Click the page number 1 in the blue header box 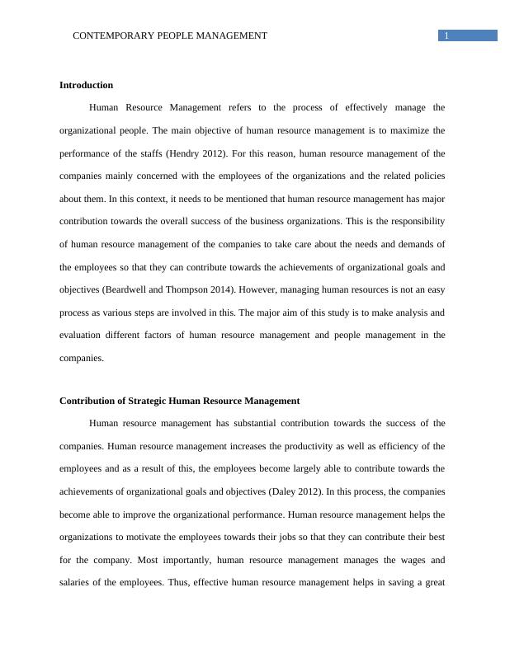tap(446, 35)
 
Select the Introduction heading tap(86, 85)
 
